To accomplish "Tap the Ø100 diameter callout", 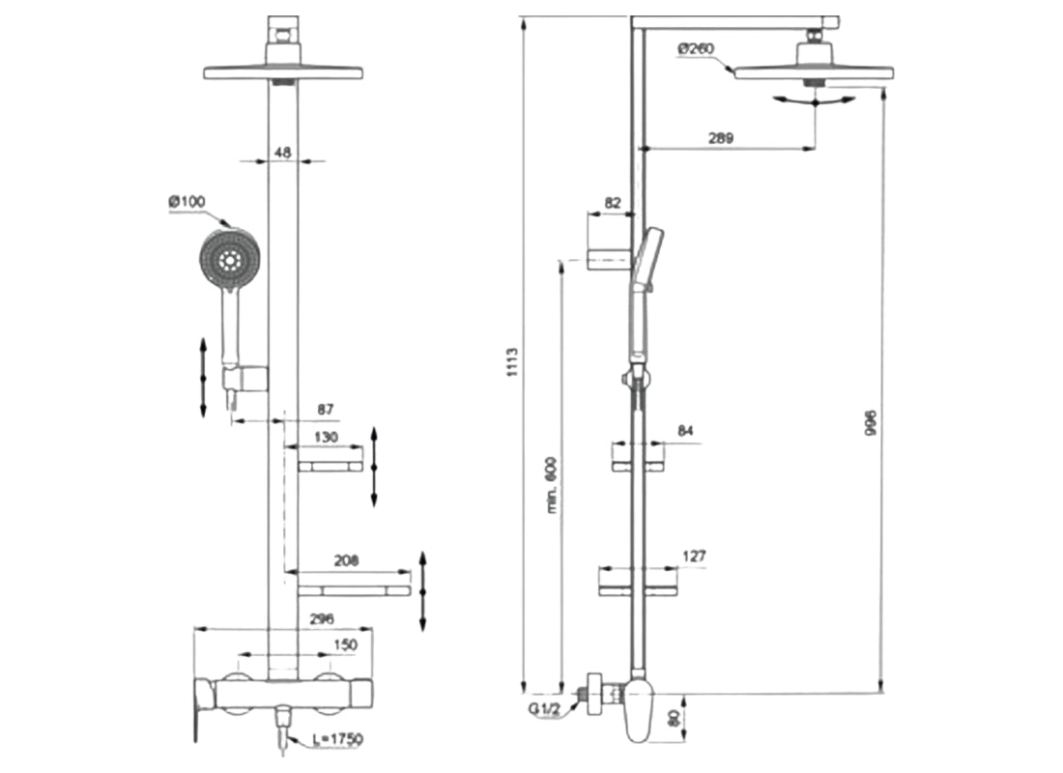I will click(x=187, y=202).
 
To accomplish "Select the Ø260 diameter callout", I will click(x=695, y=47).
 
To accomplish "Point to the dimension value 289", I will click(x=719, y=137).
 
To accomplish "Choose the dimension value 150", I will click(x=345, y=644).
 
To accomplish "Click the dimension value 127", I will click(x=693, y=557).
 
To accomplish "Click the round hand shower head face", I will click(x=230, y=259).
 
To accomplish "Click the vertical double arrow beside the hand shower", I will click(x=203, y=377).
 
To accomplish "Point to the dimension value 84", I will click(x=687, y=431).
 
